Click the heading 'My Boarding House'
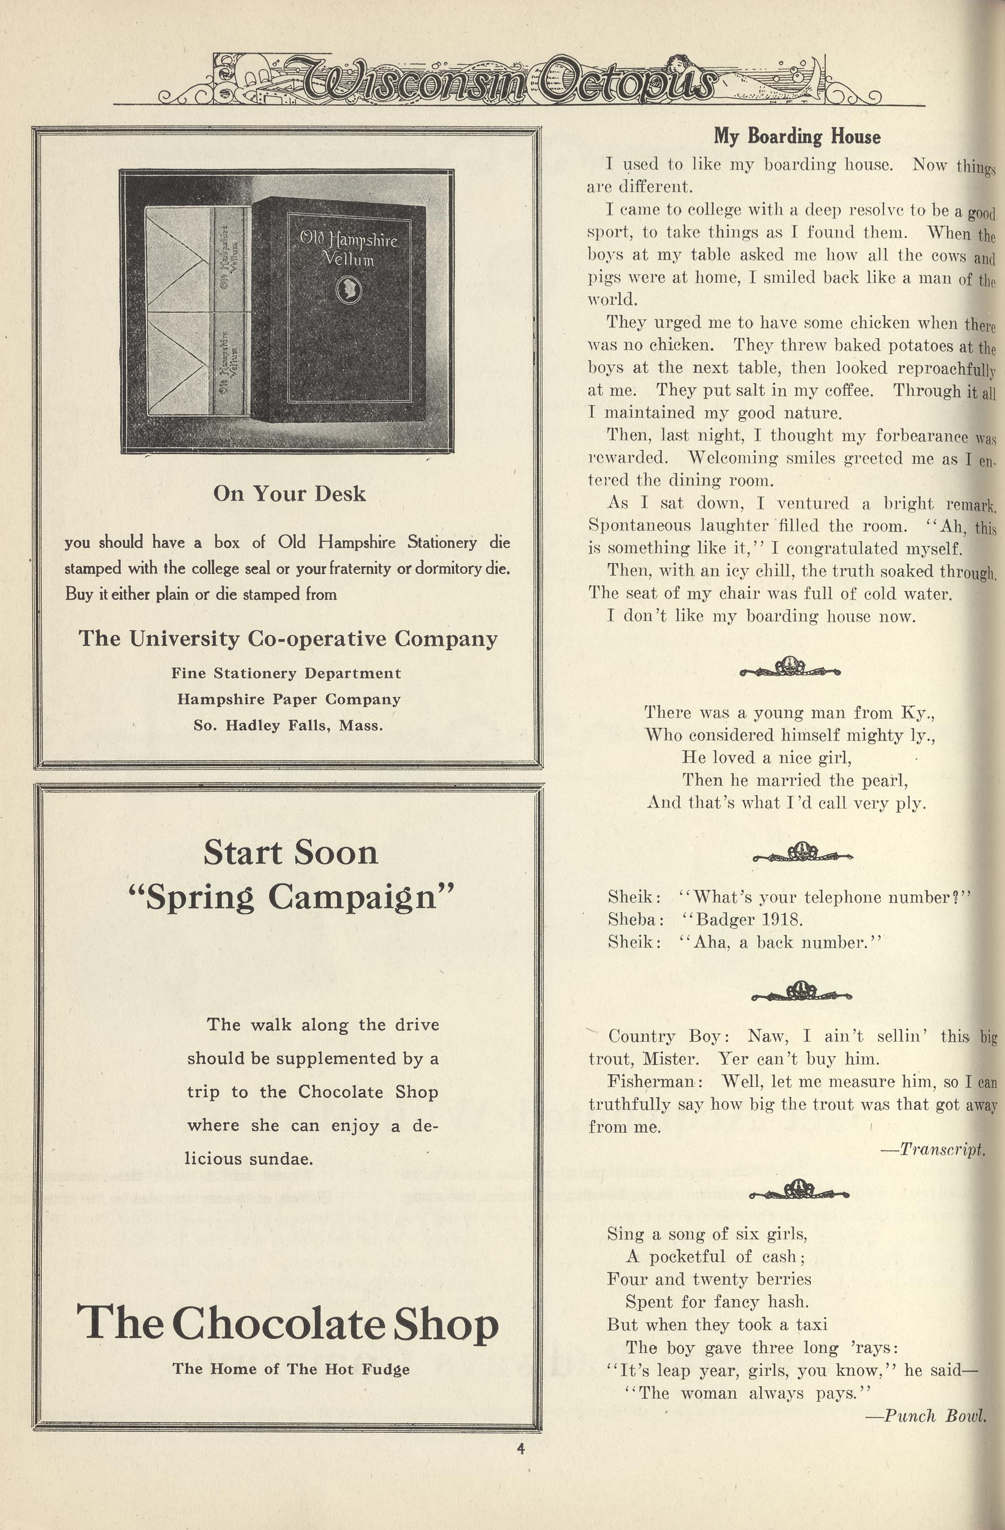tap(796, 137)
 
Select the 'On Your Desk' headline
tap(289, 494)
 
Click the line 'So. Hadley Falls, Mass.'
tap(288, 726)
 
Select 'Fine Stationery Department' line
tap(286, 673)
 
